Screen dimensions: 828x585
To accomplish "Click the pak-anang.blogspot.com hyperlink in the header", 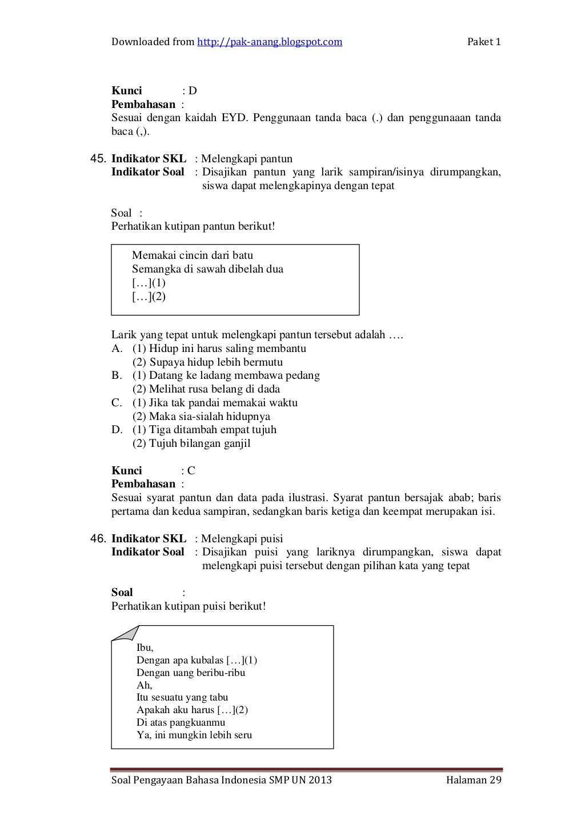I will [x=270, y=42].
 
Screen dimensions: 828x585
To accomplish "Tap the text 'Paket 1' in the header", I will [x=484, y=42].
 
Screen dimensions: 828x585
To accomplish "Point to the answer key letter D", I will [x=193, y=91].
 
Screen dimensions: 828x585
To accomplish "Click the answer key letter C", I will [x=191, y=471].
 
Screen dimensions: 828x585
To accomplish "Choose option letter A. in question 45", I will [x=117, y=349].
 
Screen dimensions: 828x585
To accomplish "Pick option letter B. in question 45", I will [x=117, y=375].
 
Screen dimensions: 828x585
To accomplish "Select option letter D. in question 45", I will [x=117, y=430].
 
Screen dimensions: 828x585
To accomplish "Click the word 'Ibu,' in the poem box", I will [x=145, y=648].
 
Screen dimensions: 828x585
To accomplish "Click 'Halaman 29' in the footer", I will [x=474, y=781].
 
